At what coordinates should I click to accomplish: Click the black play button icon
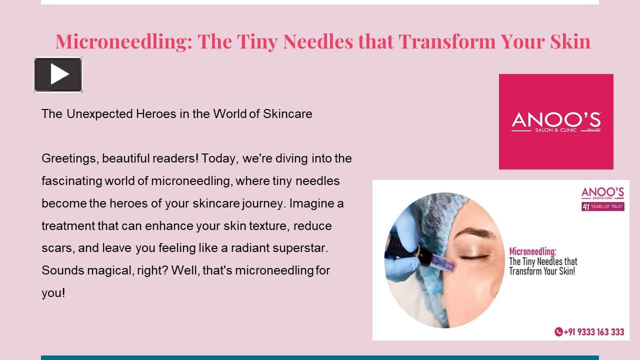58,74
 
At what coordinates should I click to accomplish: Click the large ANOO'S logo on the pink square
556,121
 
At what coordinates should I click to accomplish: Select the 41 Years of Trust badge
602,206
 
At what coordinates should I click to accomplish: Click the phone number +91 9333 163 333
593,332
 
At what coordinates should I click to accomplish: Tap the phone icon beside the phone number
558,332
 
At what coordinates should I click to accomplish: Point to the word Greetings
70,158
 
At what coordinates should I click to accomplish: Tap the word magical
110,270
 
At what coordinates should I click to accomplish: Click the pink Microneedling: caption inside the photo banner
532,251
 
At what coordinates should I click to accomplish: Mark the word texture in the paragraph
265,226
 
